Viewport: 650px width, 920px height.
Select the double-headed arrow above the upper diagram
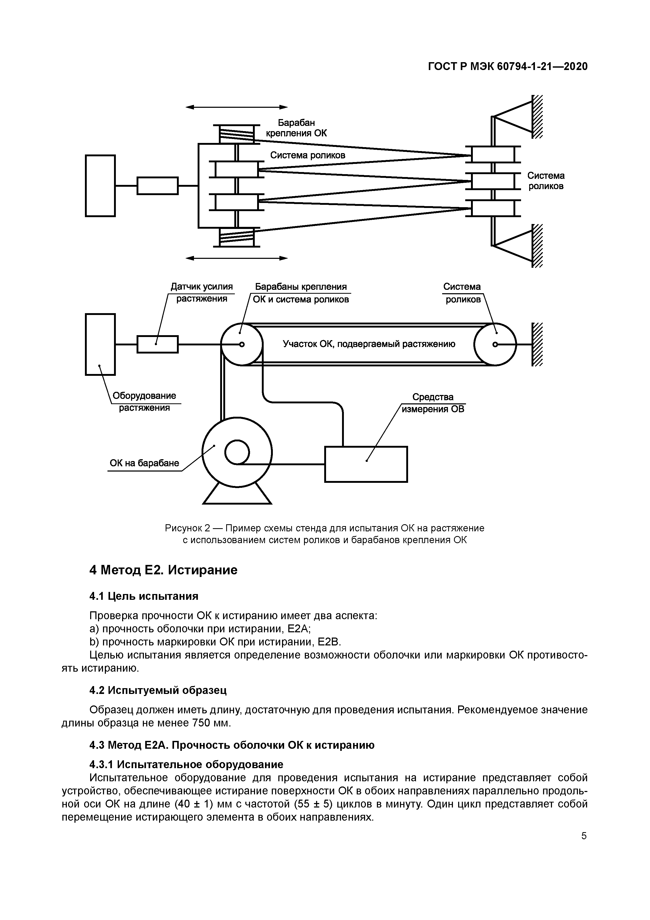pyautogui.click(x=237, y=107)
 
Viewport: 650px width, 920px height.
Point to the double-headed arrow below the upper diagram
pyautogui.click(x=237, y=258)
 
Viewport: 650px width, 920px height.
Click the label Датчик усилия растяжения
pyautogui.click(x=202, y=292)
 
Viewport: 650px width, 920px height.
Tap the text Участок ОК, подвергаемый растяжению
pyautogui.click(x=369, y=344)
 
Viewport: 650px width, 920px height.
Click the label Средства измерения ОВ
pyautogui.click(x=433, y=403)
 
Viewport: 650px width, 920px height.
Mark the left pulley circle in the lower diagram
pyautogui.click(x=241, y=344)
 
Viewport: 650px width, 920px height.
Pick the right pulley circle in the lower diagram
pyautogui.click(x=495, y=344)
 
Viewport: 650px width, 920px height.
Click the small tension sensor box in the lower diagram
pyautogui.click(x=158, y=344)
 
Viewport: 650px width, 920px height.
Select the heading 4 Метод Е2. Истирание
pyautogui.click(x=163, y=570)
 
